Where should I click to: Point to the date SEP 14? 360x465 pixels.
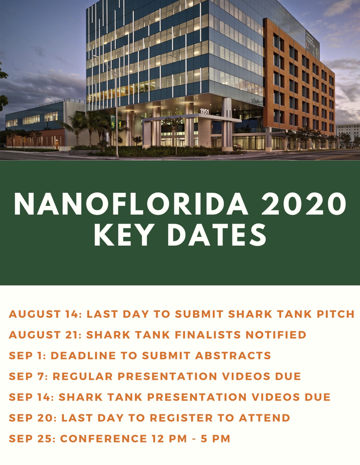click(29, 397)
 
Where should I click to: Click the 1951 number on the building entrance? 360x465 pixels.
click(205, 112)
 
